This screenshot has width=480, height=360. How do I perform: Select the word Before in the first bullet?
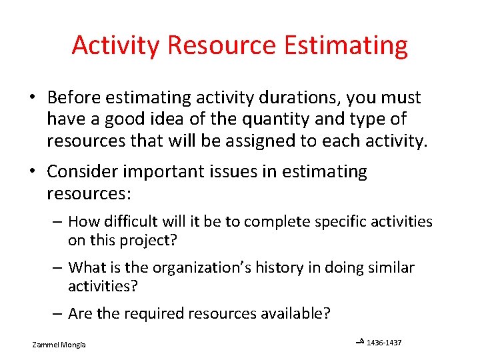coord(74,98)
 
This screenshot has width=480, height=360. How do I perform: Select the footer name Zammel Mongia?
coord(63,345)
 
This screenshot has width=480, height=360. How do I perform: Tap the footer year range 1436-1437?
coord(384,343)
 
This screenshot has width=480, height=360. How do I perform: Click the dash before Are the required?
coord(58,313)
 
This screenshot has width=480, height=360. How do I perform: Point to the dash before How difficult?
coord(58,221)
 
